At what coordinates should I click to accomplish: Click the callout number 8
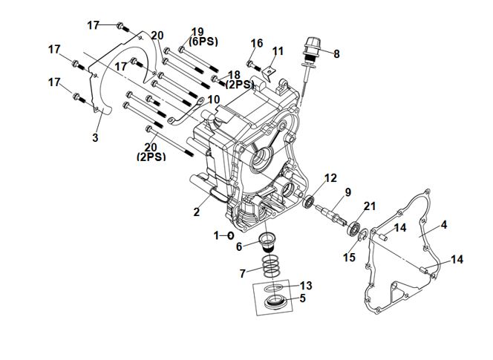[336, 53]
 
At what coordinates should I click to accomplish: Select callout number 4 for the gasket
[444, 224]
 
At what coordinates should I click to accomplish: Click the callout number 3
[95, 138]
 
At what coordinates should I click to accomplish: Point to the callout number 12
[330, 178]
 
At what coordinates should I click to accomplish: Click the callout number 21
[370, 206]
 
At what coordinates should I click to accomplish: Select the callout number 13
[307, 286]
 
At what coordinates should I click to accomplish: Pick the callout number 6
[239, 247]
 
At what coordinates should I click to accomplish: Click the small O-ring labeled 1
[231, 235]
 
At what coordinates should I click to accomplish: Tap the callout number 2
[197, 212]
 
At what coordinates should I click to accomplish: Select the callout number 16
[257, 44]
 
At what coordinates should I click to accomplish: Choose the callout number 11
[278, 51]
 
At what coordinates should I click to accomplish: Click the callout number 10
[214, 99]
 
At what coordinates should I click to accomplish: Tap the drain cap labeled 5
[276, 301]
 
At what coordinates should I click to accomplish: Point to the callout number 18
[234, 75]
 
